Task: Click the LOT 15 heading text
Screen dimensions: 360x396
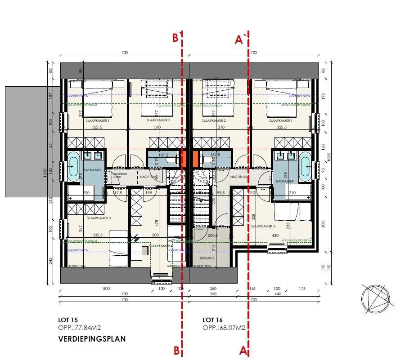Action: pos(67,320)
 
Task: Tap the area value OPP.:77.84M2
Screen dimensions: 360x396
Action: pos(79,328)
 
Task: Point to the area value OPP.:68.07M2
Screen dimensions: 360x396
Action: pos(224,328)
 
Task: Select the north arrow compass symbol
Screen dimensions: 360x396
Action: pos(374,298)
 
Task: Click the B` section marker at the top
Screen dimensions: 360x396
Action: pos(178,38)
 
